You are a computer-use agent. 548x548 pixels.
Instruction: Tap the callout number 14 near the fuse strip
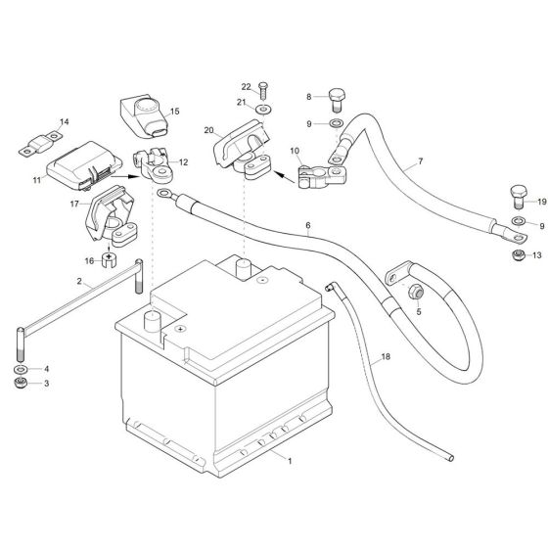tap(65, 122)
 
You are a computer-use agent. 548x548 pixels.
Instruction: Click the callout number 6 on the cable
tap(307, 226)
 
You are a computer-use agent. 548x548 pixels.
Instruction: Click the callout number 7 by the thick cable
tap(421, 160)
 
